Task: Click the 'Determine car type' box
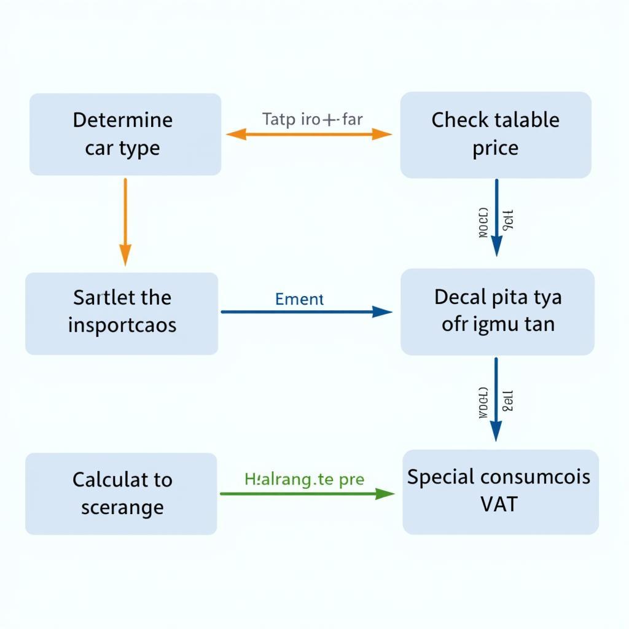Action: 125,134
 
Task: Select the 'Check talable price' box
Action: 496,135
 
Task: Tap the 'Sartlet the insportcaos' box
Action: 122,313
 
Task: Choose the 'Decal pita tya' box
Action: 498,311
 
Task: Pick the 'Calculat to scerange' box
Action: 121,493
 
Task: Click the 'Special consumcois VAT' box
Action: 500,491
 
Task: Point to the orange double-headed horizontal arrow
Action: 309,135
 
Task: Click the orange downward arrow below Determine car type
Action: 125,221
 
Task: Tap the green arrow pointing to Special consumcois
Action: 307,493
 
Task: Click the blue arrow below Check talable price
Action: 496,217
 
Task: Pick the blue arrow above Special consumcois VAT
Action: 496,399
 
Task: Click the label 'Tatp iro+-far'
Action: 313,119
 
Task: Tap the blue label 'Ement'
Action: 300,299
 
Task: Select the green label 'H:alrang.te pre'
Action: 304,479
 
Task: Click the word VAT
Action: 499,504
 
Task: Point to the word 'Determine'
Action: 123,119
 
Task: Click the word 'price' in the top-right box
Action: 495,148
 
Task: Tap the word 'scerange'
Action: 122,507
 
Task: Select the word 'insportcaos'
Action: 122,324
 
